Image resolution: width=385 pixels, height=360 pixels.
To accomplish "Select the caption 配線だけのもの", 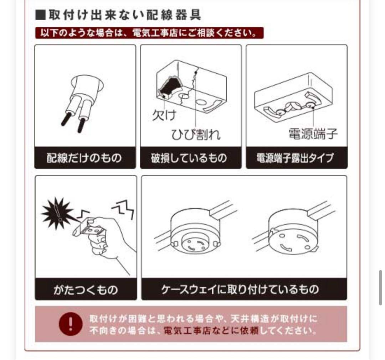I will point(85,158).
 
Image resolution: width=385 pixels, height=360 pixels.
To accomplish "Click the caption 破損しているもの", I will point(190,158).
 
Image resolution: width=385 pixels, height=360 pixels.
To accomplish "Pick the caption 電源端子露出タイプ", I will point(296,158).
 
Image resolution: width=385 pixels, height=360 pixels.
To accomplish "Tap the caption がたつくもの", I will point(86,289).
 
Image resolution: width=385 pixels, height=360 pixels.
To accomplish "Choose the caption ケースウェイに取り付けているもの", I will point(244,289).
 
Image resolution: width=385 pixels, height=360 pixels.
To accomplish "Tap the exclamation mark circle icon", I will point(71,324).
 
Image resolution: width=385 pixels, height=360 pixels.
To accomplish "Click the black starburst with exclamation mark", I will point(57,214).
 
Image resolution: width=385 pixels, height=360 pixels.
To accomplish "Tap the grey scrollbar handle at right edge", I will point(380,287).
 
